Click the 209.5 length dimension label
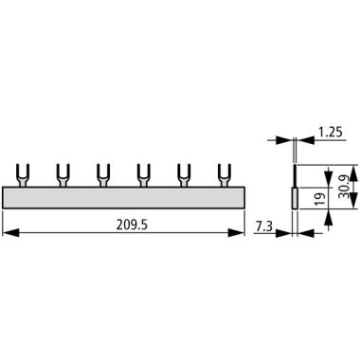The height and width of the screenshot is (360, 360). [132, 225]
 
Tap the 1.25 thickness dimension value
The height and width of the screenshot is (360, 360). [330, 132]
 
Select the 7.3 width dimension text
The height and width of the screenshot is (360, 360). [263, 226]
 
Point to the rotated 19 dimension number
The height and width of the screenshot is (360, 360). [320, 198]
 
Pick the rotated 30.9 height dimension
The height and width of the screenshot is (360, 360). [344, 187]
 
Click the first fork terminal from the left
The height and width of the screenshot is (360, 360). [23, 175]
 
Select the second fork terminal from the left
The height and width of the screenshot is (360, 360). [63, 175]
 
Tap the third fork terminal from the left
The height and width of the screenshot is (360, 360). [103, 175]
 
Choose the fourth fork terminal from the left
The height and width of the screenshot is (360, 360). [144, 175]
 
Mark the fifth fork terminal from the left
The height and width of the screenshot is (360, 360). [184, 175]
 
